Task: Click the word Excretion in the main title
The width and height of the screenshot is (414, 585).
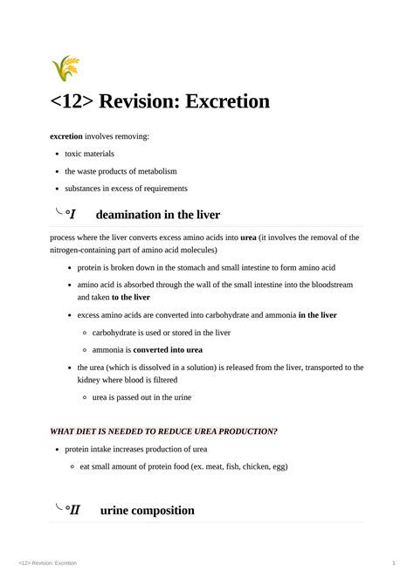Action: click(217, 101)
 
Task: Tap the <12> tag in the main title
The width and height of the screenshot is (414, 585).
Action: click(72, 101)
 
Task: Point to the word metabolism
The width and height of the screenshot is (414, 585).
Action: click(155, 171)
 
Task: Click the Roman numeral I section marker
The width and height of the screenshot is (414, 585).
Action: click(72, 215)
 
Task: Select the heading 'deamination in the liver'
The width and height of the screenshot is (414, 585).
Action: click(157, 215)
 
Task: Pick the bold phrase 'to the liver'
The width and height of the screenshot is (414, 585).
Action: click(131, 297)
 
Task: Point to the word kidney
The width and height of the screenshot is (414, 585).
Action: click(90, 380)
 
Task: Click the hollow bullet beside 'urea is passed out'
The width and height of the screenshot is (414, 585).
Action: click(84, 397)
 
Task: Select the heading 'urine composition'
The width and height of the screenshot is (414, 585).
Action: click(148, 510)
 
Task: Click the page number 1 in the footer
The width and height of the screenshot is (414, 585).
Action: click(395, 563)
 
